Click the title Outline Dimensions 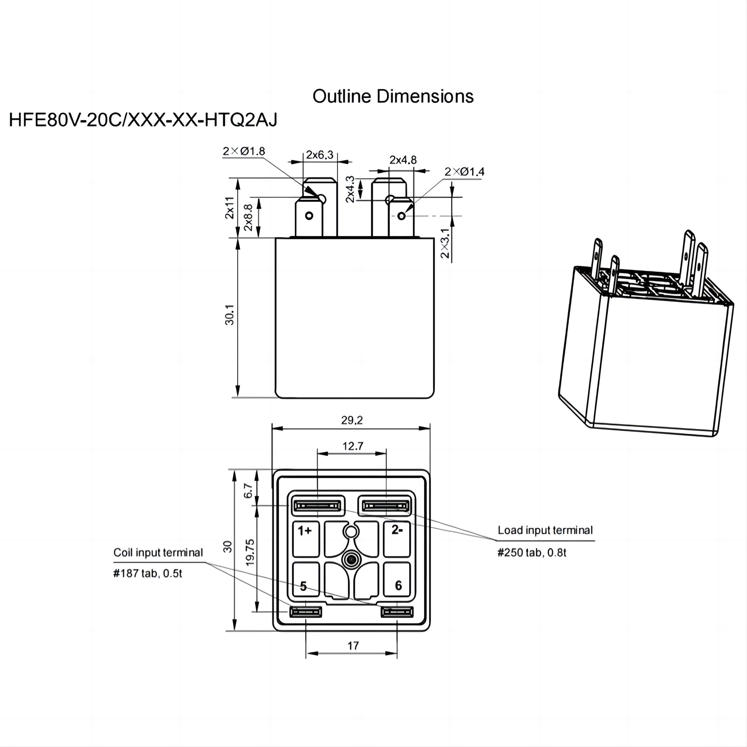point(393,96)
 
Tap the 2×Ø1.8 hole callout point(244,151)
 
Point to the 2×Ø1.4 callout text point(464,172)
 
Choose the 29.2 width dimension point(352,420)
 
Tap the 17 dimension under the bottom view point(353,646)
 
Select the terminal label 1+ point(304,531)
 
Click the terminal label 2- point(397,530)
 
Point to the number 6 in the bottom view point(398,585)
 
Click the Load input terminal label point(545,530)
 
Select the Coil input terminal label point(158,553)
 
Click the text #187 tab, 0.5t point(148,573)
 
